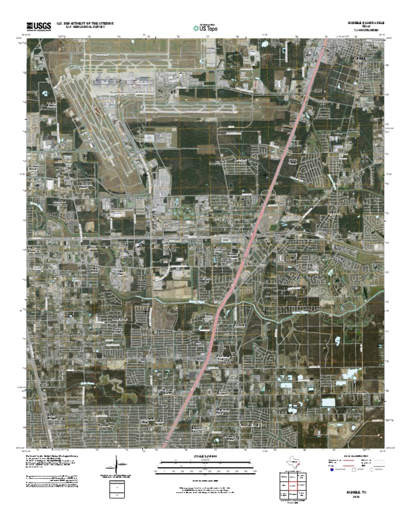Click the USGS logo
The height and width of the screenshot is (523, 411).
tap(38, 26)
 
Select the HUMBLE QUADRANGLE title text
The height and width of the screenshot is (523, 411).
tap(366, 23)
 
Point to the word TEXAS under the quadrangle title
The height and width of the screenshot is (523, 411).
tap(366, 27)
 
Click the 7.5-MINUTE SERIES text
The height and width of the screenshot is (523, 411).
tap(366, 31)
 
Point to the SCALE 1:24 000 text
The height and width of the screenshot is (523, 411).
tap(205, 456)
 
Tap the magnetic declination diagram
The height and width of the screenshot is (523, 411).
tap(116, 465)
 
